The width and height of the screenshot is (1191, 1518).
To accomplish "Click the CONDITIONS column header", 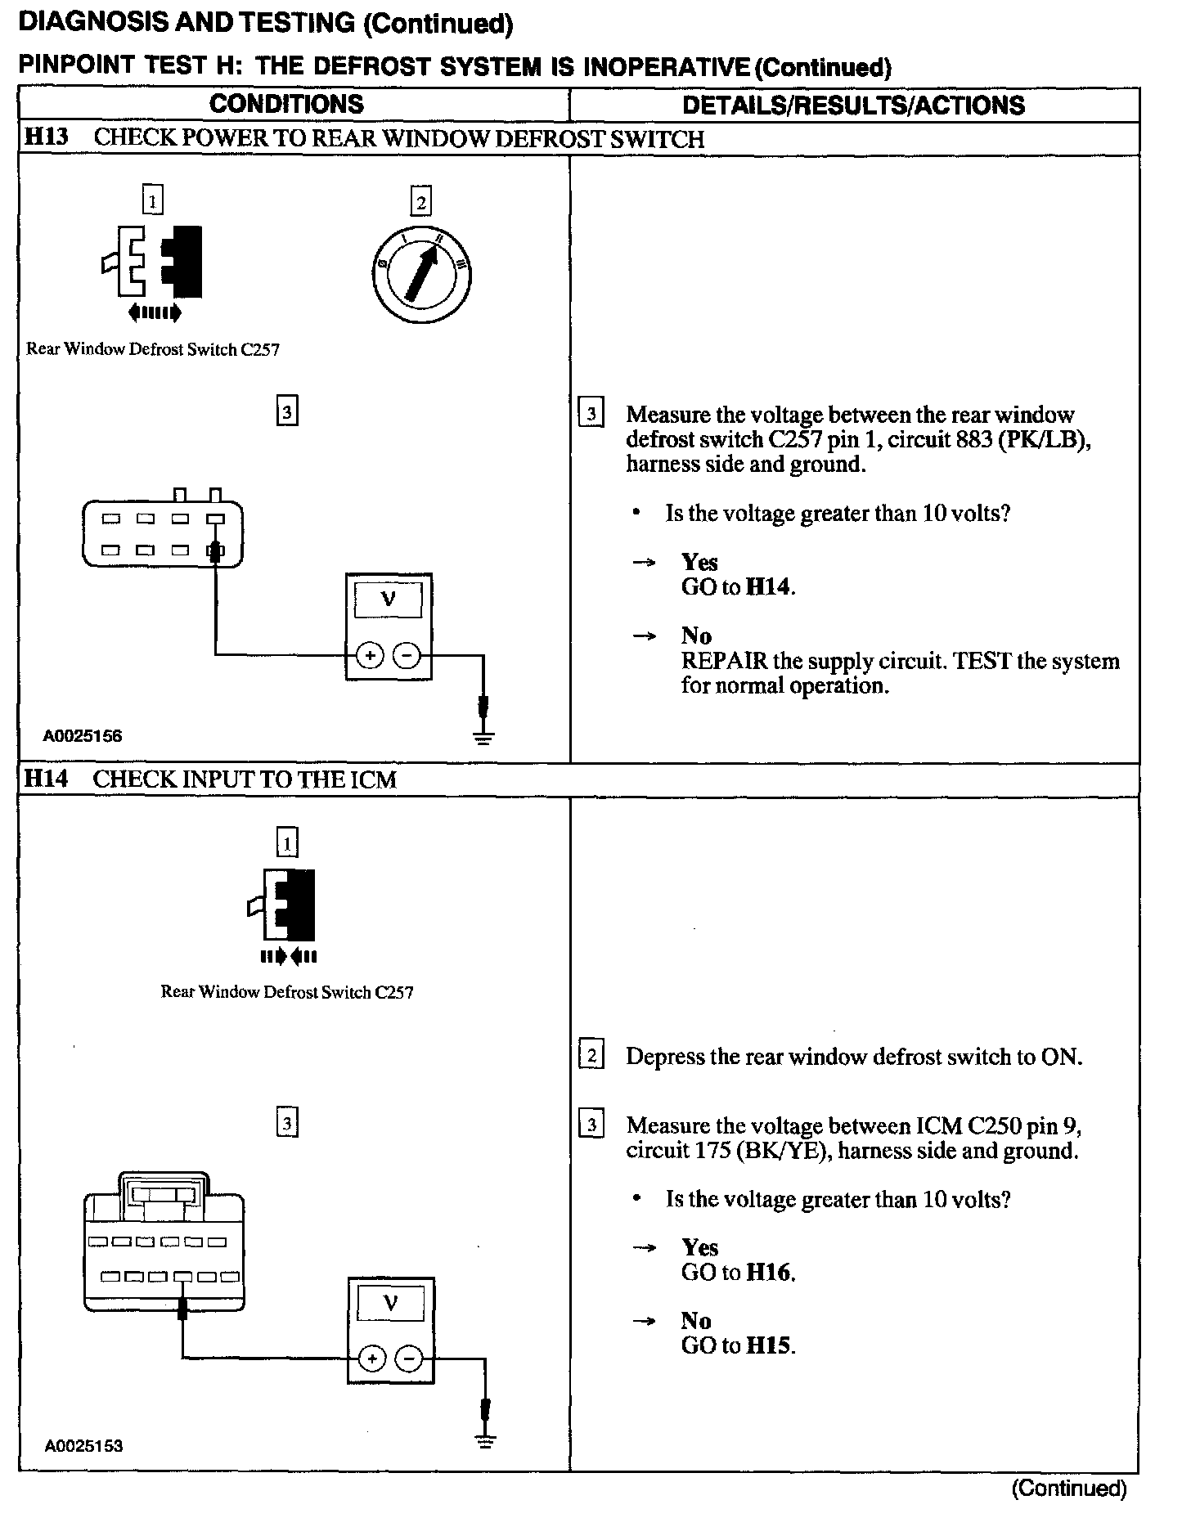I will tap(286, 105).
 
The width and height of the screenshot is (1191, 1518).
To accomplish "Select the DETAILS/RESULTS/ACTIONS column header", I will tap(853, 106).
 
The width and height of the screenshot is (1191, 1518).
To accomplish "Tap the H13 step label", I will tap(46, 137).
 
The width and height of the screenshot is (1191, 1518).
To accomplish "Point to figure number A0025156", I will tap(83, 735).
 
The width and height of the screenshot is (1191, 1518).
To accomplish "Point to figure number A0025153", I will tap(83, 1445).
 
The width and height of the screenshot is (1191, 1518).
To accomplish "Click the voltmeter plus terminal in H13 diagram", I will tap(370, 655).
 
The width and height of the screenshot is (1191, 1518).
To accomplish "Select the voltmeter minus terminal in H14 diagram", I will tap(409, 1359).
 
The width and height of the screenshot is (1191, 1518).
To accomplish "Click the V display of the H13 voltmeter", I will tap(389, 600).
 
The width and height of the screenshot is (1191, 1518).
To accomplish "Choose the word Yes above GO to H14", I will tap(699, 562).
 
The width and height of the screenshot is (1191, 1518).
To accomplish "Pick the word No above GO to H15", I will tap(696, 1321).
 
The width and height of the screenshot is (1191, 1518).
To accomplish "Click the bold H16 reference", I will tap(770, 1273).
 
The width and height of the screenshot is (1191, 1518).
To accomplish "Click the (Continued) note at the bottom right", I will tap(1068, 1489).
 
